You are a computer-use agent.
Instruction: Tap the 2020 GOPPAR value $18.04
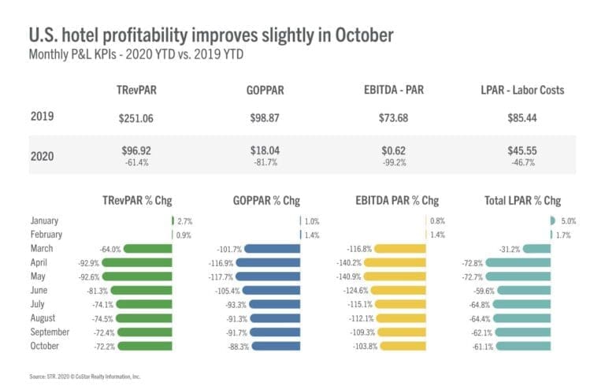266,149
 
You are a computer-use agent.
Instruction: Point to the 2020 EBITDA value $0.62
402,149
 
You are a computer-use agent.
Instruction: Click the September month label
50,332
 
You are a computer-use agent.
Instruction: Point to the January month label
45,221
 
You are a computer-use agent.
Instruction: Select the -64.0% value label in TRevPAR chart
110,249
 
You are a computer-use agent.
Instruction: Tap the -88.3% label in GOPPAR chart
236,346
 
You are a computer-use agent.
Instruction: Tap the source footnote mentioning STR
87,376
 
